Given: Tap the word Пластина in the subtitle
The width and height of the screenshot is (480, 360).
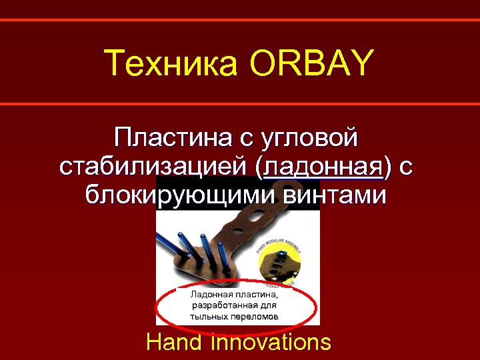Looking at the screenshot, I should [x=171, y=138].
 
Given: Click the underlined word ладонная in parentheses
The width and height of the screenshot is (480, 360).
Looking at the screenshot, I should [x=325, y=167].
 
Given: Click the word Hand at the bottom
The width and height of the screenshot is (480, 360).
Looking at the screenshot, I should [x=175, y=342].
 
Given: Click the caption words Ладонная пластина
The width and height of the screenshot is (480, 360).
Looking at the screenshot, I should [x=233, y=293].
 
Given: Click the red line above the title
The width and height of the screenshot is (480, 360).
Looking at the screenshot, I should [x=240, y=20].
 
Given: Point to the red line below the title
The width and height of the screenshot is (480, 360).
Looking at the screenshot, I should [x=240, y=104].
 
